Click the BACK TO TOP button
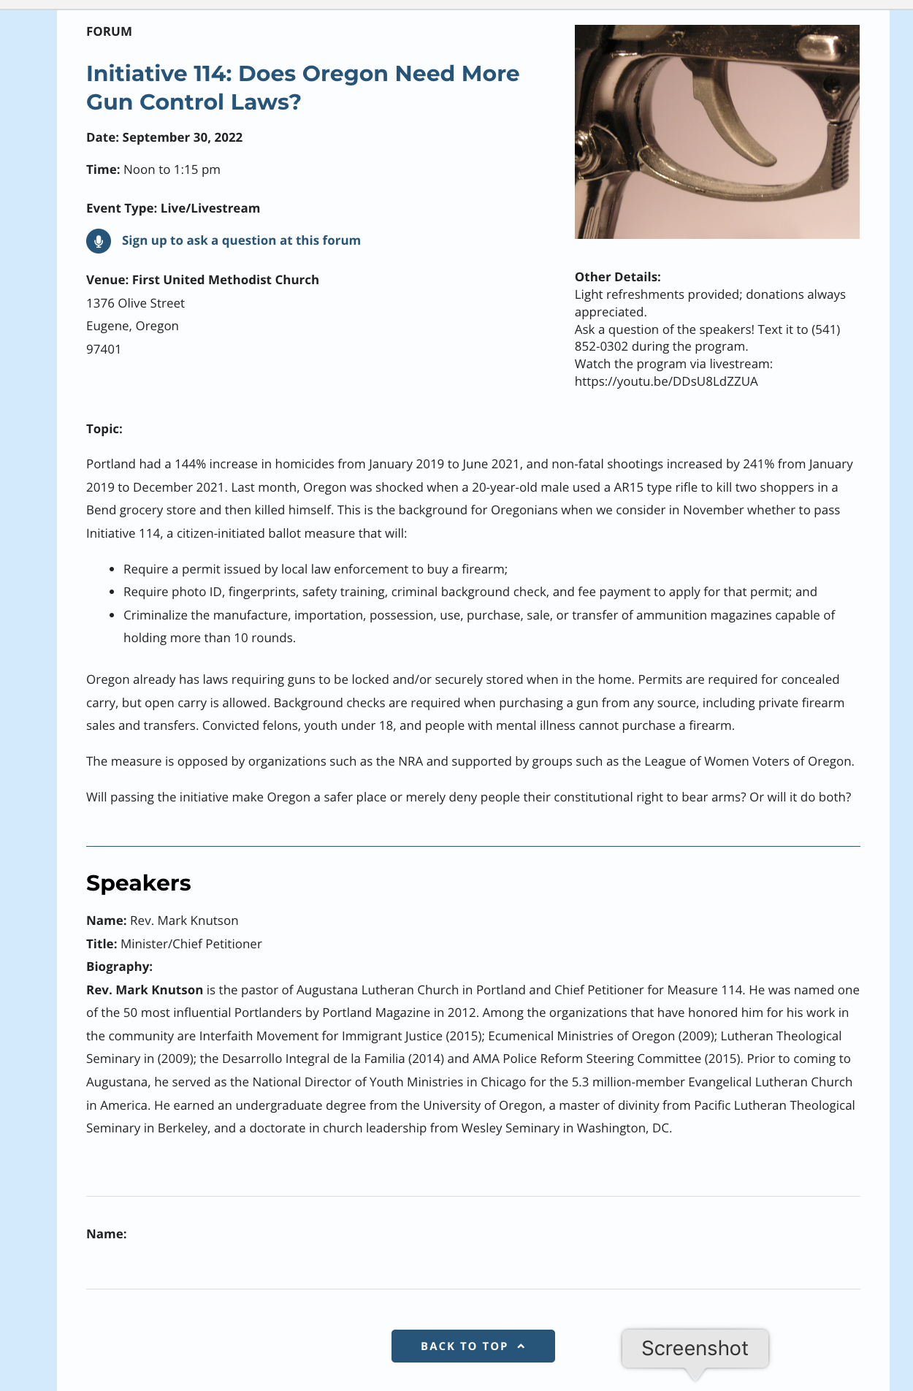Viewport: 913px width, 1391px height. click(473, 1346)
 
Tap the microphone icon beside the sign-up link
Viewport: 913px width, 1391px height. click(99, 241)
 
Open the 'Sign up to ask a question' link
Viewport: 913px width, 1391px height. click(241, 240)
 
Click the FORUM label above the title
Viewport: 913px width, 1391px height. click(109, 31)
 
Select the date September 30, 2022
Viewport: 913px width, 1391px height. click(182, 137)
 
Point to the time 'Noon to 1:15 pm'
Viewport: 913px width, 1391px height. click(172, 169)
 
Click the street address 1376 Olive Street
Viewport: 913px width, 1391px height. click(135, 303)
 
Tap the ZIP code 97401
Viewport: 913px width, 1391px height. click(104, 349)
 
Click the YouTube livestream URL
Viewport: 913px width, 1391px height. click(666, 381)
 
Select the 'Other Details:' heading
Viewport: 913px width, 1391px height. click(617, 277)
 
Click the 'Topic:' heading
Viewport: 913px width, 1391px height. click(104, 429)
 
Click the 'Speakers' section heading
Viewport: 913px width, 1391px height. click(139, 883)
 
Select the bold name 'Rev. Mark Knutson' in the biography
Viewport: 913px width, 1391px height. click(145, 990)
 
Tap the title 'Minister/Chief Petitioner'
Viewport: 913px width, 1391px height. click(191, 944)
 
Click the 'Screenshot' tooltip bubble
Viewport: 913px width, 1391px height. click(695, 1348)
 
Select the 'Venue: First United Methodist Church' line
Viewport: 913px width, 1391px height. click(202, 280)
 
